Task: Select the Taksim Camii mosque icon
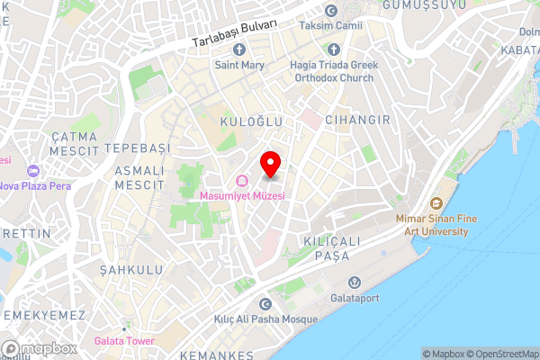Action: pos(331,10)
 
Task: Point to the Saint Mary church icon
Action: pos(238,50)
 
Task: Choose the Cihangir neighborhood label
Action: pos(357,120)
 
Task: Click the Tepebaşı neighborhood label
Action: pos(137,147)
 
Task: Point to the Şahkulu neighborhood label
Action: pos(130,269)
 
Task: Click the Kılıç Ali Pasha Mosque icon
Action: pos(265,304)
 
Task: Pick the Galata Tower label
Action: pos(124,341)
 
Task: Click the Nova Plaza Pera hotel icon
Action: pos(33,171)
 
